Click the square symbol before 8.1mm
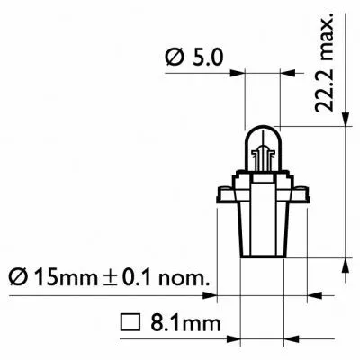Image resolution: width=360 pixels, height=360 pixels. click(x=127, y=321)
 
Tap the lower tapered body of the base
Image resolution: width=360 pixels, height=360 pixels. click(x=263, y=234)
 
